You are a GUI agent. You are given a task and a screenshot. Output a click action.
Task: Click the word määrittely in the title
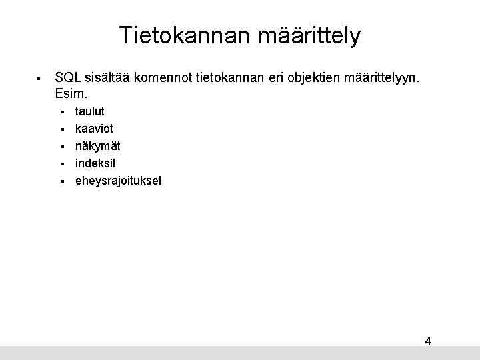[x=304, y=36]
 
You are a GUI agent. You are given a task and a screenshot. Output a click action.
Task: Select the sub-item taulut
[x=89, y=111]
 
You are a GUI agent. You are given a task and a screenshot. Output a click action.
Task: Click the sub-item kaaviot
[x=93, y=129]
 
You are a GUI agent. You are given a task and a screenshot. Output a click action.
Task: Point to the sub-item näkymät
[x=97, y=146]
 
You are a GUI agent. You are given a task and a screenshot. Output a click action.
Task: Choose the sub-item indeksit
[x=95, y=163]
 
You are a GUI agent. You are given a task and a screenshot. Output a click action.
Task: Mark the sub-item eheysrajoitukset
[x=118, y=181]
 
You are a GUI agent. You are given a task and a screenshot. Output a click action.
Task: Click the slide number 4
[x=428, y=341]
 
